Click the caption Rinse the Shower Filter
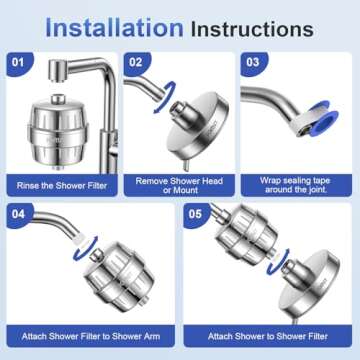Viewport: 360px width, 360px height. tap(61, 185)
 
